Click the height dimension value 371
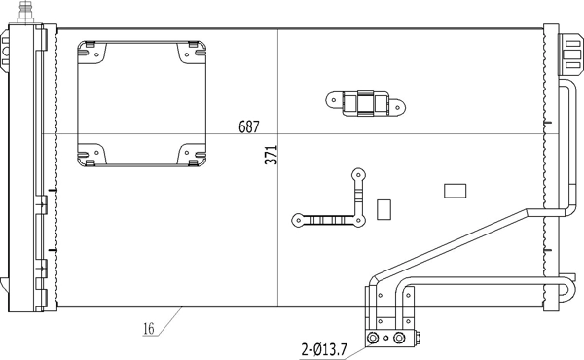[x=272, y=155]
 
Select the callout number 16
[x=149, y=329]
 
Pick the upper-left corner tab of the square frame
[x=90, y=50]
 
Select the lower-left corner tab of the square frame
[x=91, y=154]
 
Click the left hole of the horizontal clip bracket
[x=333, y=98]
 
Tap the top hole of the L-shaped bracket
[x=358, y=176]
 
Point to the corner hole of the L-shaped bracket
[x=357, y=220]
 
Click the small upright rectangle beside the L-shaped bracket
[x=383, y=209]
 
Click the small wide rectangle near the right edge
[x=455, y=191]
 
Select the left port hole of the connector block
[x=372, y=339]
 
